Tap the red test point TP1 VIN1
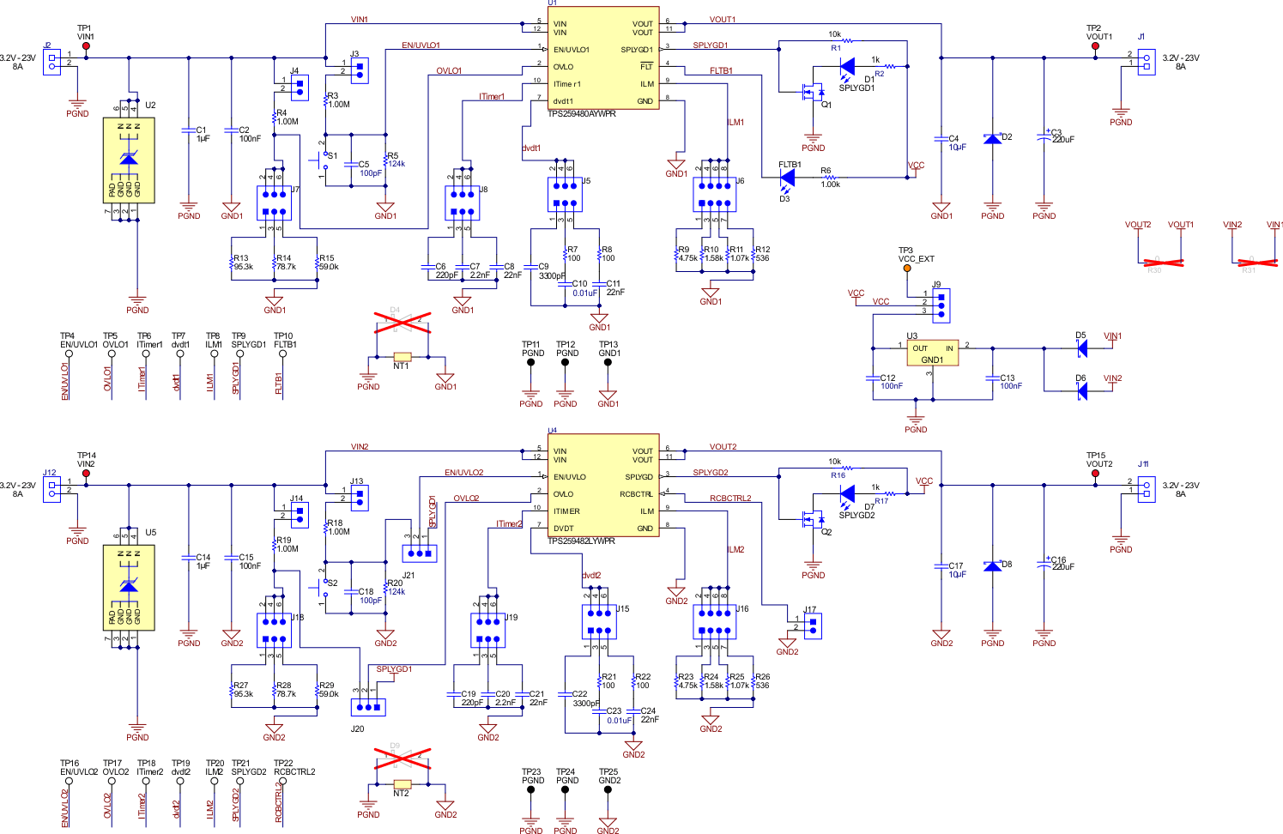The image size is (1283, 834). coord(86,46)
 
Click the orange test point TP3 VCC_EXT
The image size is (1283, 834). coord(906,269)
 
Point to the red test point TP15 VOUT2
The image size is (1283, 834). coord(1095,473)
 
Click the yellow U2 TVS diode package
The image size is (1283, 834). coord(129,160)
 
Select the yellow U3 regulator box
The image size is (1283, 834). coord(933,353)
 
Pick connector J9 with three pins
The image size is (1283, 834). coord(941,304)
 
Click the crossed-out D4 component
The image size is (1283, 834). coord(402,323)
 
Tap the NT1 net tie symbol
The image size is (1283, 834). coord(402,356)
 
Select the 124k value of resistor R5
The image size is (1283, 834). coord(396,164)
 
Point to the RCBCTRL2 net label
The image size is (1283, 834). coord(729,498)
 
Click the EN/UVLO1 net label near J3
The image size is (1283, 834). coord(421,45)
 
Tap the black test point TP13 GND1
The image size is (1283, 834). coord(608,362)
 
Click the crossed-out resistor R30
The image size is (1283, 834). coord(1158,263)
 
